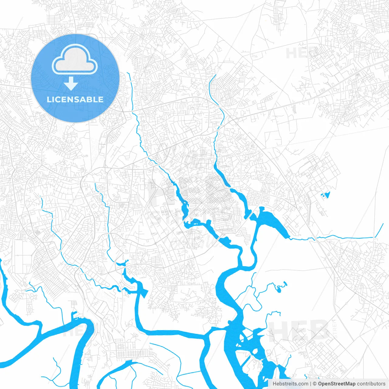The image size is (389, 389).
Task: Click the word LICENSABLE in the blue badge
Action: point(75,99)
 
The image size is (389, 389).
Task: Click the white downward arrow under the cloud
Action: point(71,83)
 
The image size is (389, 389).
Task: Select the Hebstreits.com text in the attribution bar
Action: point(290,384)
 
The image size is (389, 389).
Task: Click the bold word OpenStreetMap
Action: point(337,384)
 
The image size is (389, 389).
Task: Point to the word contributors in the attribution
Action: point(371,384)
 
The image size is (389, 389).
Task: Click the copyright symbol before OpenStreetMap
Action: point(315,384)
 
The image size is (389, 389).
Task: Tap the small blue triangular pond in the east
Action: point(326,194)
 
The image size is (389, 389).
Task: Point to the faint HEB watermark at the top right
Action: point(301,53)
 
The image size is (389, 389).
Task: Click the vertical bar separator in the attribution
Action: point(311,384)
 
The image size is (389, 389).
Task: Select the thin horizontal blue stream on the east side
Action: point(343,237)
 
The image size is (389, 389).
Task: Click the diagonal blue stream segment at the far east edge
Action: point(380,230)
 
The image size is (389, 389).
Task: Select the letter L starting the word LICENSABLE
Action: point(49,99)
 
